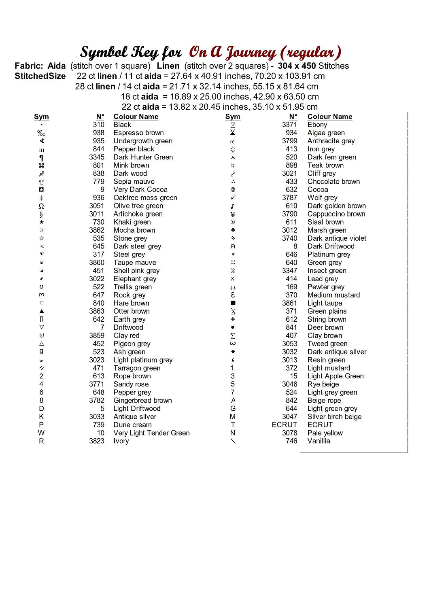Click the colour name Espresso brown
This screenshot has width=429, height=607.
click(138, 133)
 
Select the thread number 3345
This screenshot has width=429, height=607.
click(97, 157)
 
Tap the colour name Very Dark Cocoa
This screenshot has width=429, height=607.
click(140, 189)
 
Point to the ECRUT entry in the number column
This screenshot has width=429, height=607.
click(284, 424)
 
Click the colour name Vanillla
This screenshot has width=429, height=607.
click(319, 441)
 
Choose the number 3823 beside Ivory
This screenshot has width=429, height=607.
click(97, 441)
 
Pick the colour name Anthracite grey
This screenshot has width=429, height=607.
click(331, 141)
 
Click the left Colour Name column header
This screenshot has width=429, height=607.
click(136, 117)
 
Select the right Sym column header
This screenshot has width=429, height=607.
click(233, 117)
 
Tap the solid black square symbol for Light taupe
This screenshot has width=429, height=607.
click(233, 303)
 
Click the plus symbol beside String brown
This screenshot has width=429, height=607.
click(233, 319)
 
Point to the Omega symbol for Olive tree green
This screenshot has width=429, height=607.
click(41, 206)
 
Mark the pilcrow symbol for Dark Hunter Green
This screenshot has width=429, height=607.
click(41, 157)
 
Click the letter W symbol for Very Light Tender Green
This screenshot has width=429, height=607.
click(41, 433)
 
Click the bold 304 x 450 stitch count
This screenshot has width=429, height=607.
click(297, 66)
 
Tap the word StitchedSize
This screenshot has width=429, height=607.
click(40, 76)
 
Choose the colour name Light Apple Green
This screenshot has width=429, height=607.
click(335, 376)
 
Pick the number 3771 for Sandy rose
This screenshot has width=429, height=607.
click(97, 384)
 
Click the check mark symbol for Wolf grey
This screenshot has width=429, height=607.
click(233, 197)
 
